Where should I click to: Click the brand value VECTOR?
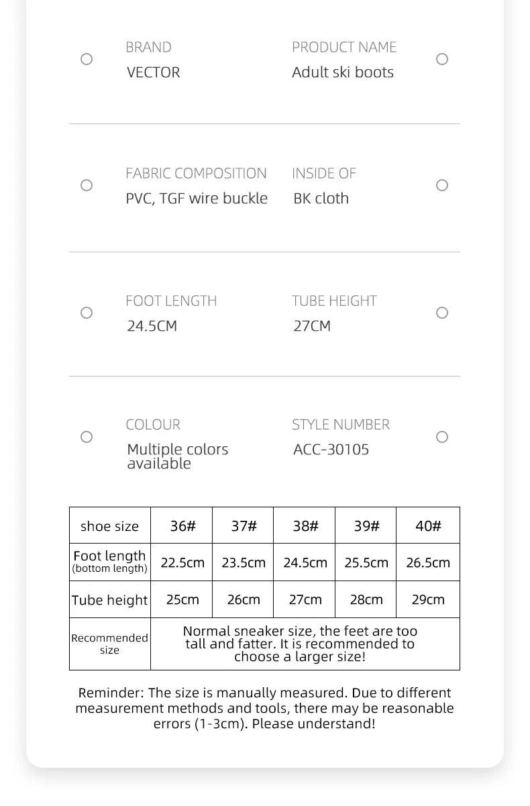(153, 72)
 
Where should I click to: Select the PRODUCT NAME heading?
(343, 47)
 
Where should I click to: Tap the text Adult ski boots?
(342, 72)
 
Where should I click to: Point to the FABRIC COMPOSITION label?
(196, 173)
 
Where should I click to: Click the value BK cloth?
(321, 199)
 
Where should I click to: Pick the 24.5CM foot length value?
(152, 326)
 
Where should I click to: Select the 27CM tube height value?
(312, 326)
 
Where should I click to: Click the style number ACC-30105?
(331, 450)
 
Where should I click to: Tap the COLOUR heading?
(153, 425)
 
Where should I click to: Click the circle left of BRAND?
(87, 59)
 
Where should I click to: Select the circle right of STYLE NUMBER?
(442, 437)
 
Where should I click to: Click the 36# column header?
(182, 526)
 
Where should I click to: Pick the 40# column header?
(428, 526)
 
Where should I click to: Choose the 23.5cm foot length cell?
(244, 563)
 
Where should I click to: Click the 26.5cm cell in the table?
(428, 563)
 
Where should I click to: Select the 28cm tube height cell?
(366, 600)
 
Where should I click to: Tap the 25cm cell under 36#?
(182, 600)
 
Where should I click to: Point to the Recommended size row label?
(109, 644)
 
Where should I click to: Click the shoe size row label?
(109, 527)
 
